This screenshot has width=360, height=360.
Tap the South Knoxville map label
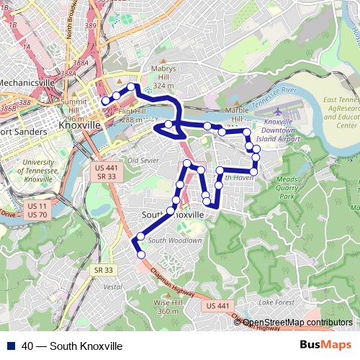click(174, 215)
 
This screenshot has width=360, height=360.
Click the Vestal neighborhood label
click(113, 286)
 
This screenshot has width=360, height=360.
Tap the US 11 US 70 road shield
click(37, 210)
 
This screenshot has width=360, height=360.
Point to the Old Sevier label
click(143, 160)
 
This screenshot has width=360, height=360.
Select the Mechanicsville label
click(27, 82)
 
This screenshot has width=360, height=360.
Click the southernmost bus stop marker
click(141, 254)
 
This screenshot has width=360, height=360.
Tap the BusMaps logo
click(326, 346)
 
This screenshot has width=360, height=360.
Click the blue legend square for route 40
click(13, 346)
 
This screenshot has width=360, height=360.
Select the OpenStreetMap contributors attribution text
click(297, 323)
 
